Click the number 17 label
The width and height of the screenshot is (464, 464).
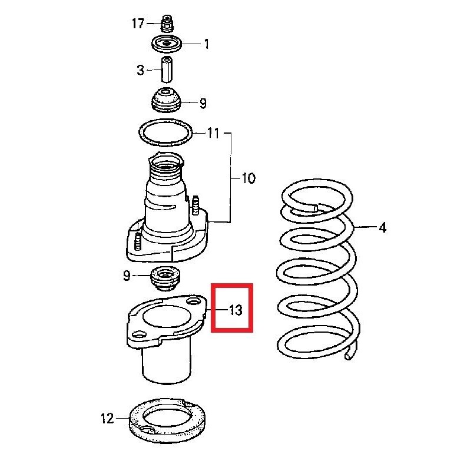pos(138,24)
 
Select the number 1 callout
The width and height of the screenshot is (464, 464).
pos(206,44)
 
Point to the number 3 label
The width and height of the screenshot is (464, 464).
pos(140,71)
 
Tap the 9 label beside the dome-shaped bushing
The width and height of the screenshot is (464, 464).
pos(203,104)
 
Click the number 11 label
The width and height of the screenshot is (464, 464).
pos(212,133)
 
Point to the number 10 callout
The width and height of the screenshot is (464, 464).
pos(248,178)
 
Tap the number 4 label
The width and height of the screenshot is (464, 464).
pos(382,227)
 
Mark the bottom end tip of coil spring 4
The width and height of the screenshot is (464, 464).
pos(350,355)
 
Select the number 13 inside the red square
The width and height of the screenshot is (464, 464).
pos(235,309)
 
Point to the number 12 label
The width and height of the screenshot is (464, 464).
pos(107,419)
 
